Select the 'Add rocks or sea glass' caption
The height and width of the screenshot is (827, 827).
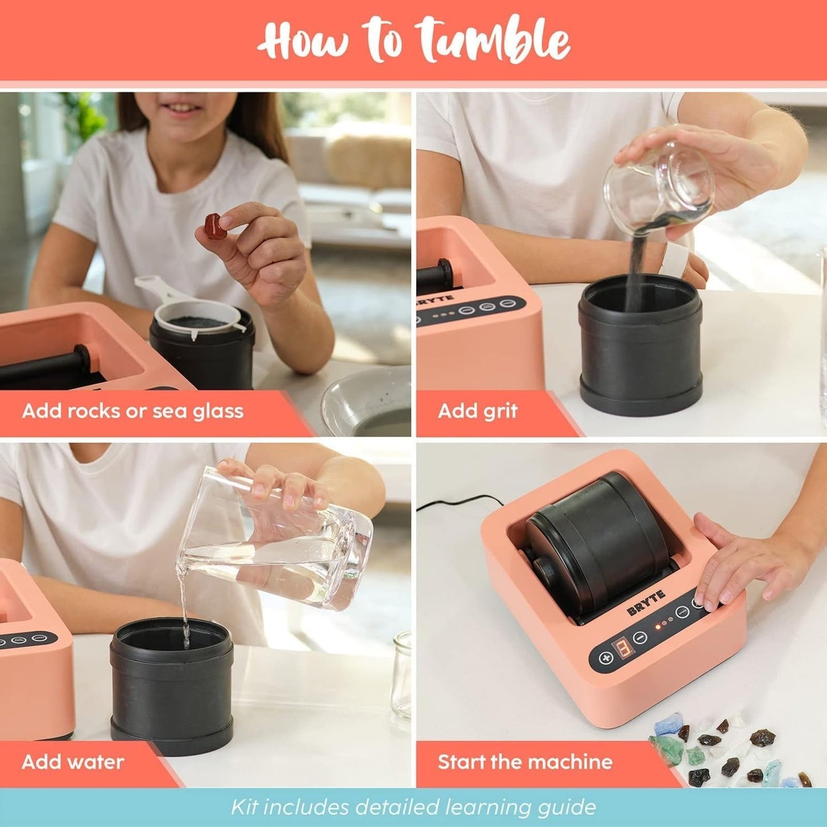tap(133, 411)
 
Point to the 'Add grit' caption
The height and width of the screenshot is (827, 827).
tap(477, 411)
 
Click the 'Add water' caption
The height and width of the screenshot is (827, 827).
tap(73, 762)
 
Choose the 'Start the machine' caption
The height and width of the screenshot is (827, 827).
tap(525, 762)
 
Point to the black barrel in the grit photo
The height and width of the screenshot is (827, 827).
tap(640, 343)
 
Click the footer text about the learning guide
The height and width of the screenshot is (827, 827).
tap(413, 807)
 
